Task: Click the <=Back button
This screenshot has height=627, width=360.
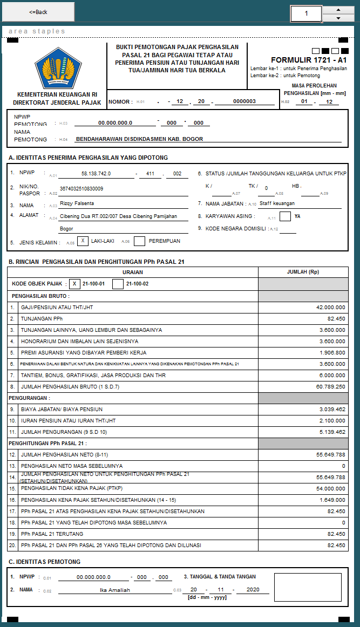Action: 38,11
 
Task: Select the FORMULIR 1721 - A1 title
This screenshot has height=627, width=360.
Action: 309,60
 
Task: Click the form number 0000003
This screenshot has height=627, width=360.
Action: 244,101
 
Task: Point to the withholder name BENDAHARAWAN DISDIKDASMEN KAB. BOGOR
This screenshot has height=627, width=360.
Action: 139,139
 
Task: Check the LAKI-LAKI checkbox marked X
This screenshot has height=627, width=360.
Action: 83,241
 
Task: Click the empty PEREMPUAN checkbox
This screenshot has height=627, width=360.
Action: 139,241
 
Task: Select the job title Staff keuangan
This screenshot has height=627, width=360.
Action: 277,203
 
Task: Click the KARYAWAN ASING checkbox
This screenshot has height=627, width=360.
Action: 286,216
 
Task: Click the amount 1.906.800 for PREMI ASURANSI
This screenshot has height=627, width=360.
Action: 332,353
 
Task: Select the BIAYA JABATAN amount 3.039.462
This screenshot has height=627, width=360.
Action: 332,410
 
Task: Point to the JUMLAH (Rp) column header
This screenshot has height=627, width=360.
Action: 303,272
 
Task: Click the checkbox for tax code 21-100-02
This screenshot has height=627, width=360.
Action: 118,284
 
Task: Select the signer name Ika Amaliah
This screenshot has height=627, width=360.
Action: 115,590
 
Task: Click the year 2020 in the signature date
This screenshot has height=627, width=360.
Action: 253,590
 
